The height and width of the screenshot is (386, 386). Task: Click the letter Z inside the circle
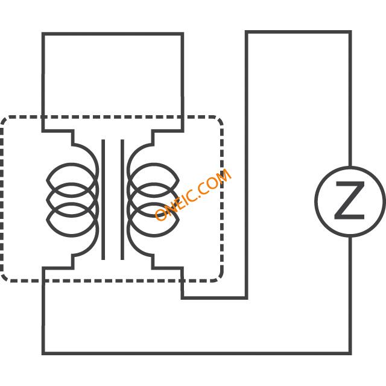pyautogui.click(x=349, y=201)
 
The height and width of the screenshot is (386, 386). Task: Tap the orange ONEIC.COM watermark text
pyautogui.click(x=193, y=195)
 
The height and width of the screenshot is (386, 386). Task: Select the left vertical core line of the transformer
pyautogui.click(x=103, y=200)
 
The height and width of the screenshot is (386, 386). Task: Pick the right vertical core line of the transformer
pyautogui.click(x=122, y=200)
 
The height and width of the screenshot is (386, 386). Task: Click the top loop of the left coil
pyautogui.click(x=71, y=164)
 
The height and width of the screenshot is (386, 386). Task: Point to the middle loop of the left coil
pyautogui.click(x=71, y=184)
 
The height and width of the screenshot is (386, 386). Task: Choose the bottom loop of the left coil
pyautogui.click(x=71, y=236)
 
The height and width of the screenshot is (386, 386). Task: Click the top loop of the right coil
pyautogui.click(x=154, y=164)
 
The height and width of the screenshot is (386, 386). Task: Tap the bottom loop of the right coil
pyautogui.click(x=154, y=236)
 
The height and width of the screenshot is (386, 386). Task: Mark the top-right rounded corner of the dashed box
pyautogui.click(x=220, y=119)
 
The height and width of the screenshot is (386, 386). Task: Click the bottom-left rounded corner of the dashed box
pyautogui.click(x=4, y=278)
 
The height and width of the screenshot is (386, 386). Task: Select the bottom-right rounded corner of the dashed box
pyautogui.click(x=220, y=278)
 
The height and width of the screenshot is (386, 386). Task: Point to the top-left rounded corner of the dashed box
pyautogui.click(x=4, y=119)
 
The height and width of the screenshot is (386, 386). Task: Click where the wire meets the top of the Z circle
pyautogui.click(x=350, y=167)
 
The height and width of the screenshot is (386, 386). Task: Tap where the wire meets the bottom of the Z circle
pyautogui.click(x=350, y=236)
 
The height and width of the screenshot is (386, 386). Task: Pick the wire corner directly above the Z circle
pyautogui.click(x=350, y=32)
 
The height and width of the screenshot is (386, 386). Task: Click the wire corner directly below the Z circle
pyautogui.click(x=350, y=353)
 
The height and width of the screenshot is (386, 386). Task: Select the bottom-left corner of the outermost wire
pyautogui.click(x=43, y=353)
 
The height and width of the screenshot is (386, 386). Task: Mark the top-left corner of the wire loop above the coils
pyautogui.click(x=43, y=34)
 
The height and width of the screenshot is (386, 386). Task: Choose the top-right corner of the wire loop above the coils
pyautogui.click(x=182, y=34)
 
